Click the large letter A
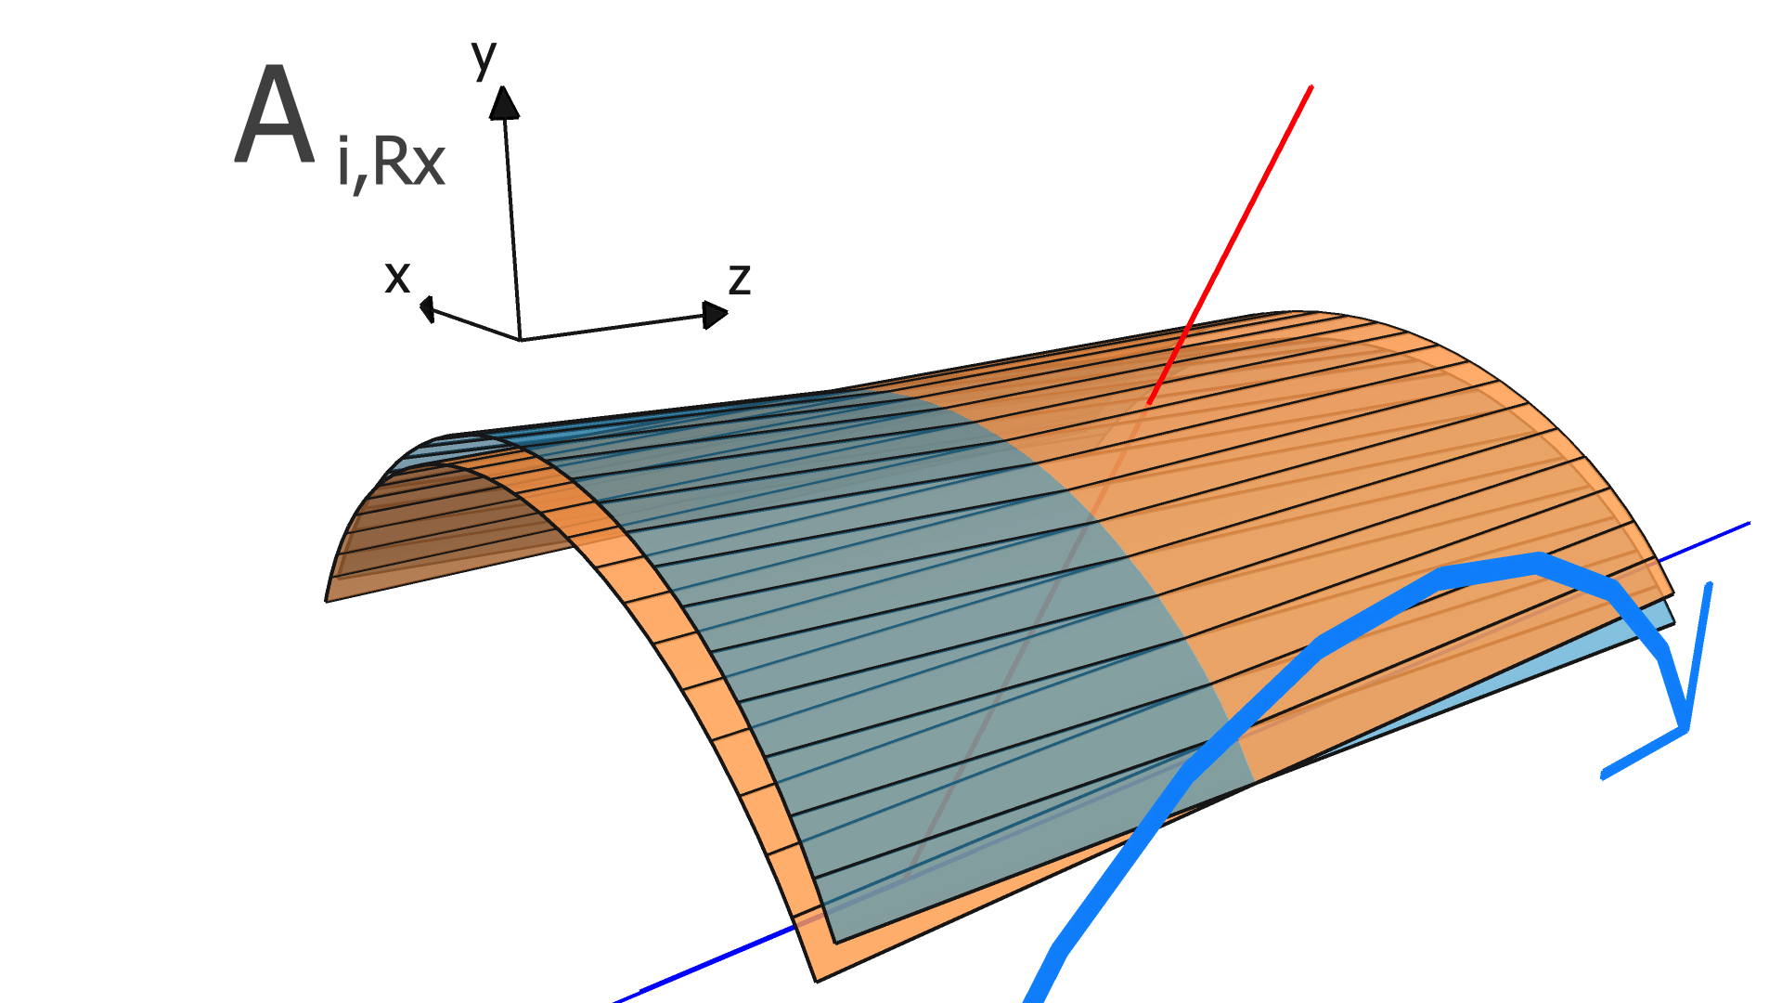tap(275, 119)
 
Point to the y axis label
tap(484, 58)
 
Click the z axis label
tap(740, 278)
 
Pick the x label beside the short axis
tap(397, 277)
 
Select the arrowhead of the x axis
tap(426, 307)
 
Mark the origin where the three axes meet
tap(520, 340)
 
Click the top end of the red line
tap(1311, 87)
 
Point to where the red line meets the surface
tap(1149, 403)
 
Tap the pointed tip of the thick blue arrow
tap(1685, 730)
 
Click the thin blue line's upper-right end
tap(1748, 525)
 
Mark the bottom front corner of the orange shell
tap(817, 980)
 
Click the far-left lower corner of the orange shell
tap(327, 600)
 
